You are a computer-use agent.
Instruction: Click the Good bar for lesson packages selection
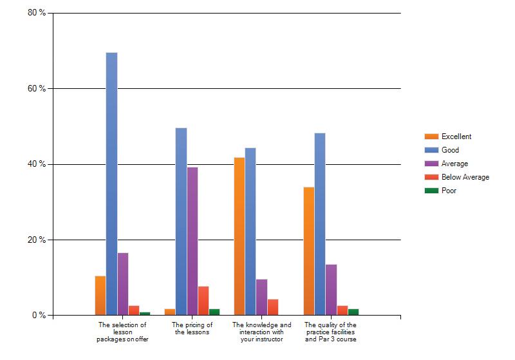click(111, 184)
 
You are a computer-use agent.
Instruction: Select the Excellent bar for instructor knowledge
click(239, 236)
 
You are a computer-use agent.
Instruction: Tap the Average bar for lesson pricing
click(192, 242)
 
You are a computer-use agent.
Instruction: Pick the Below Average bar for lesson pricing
click(203, 301)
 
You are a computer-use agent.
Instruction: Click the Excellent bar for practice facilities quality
click(309, 251)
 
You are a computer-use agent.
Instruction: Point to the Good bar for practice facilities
click(320, 224)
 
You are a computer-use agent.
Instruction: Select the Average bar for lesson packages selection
click(123, 284)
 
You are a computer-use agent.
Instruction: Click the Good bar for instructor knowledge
click(250, 232)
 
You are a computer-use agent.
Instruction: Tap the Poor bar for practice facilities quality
click(353, 312)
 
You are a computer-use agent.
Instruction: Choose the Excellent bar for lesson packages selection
click(100, 296)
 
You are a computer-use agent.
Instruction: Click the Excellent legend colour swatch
click(431, 137)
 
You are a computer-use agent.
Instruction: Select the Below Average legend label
click(465, 177)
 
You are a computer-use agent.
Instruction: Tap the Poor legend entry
click(440, 191)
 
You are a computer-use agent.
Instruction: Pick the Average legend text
click(455, 164)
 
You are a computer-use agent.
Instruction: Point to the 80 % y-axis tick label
click(37, 13)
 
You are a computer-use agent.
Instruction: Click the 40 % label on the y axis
click(37, 164)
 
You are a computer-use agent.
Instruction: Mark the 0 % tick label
click(39, 316)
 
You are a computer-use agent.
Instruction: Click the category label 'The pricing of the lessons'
click(192, 328)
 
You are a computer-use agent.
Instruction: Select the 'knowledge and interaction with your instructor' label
click(262, 332)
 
